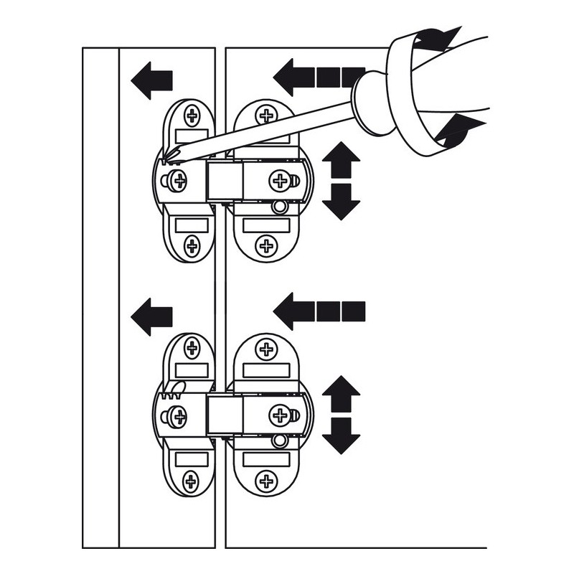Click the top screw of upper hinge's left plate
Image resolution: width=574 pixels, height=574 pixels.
tap(192, 115)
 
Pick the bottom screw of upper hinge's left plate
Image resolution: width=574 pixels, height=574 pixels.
tap(192, 246)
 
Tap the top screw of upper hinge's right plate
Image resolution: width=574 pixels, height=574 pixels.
tap(267, 115)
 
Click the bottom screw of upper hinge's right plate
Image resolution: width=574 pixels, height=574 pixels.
tap(267, 246)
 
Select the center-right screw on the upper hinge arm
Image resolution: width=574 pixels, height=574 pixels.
tap(278, 179)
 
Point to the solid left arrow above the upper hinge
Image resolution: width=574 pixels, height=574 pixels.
tap(152, 80)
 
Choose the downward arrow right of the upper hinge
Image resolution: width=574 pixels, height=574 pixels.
tap(341, 202)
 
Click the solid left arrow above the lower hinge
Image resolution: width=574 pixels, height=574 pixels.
tap(152, 315)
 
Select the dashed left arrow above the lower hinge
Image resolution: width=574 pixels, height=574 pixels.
tap(319, 311)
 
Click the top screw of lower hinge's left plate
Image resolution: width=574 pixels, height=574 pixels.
tap(192, 349)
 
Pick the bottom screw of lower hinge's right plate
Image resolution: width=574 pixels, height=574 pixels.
tap(267, 481)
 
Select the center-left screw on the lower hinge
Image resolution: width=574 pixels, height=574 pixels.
tap(176, 415)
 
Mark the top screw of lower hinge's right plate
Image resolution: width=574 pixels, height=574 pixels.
tap(267, 349)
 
